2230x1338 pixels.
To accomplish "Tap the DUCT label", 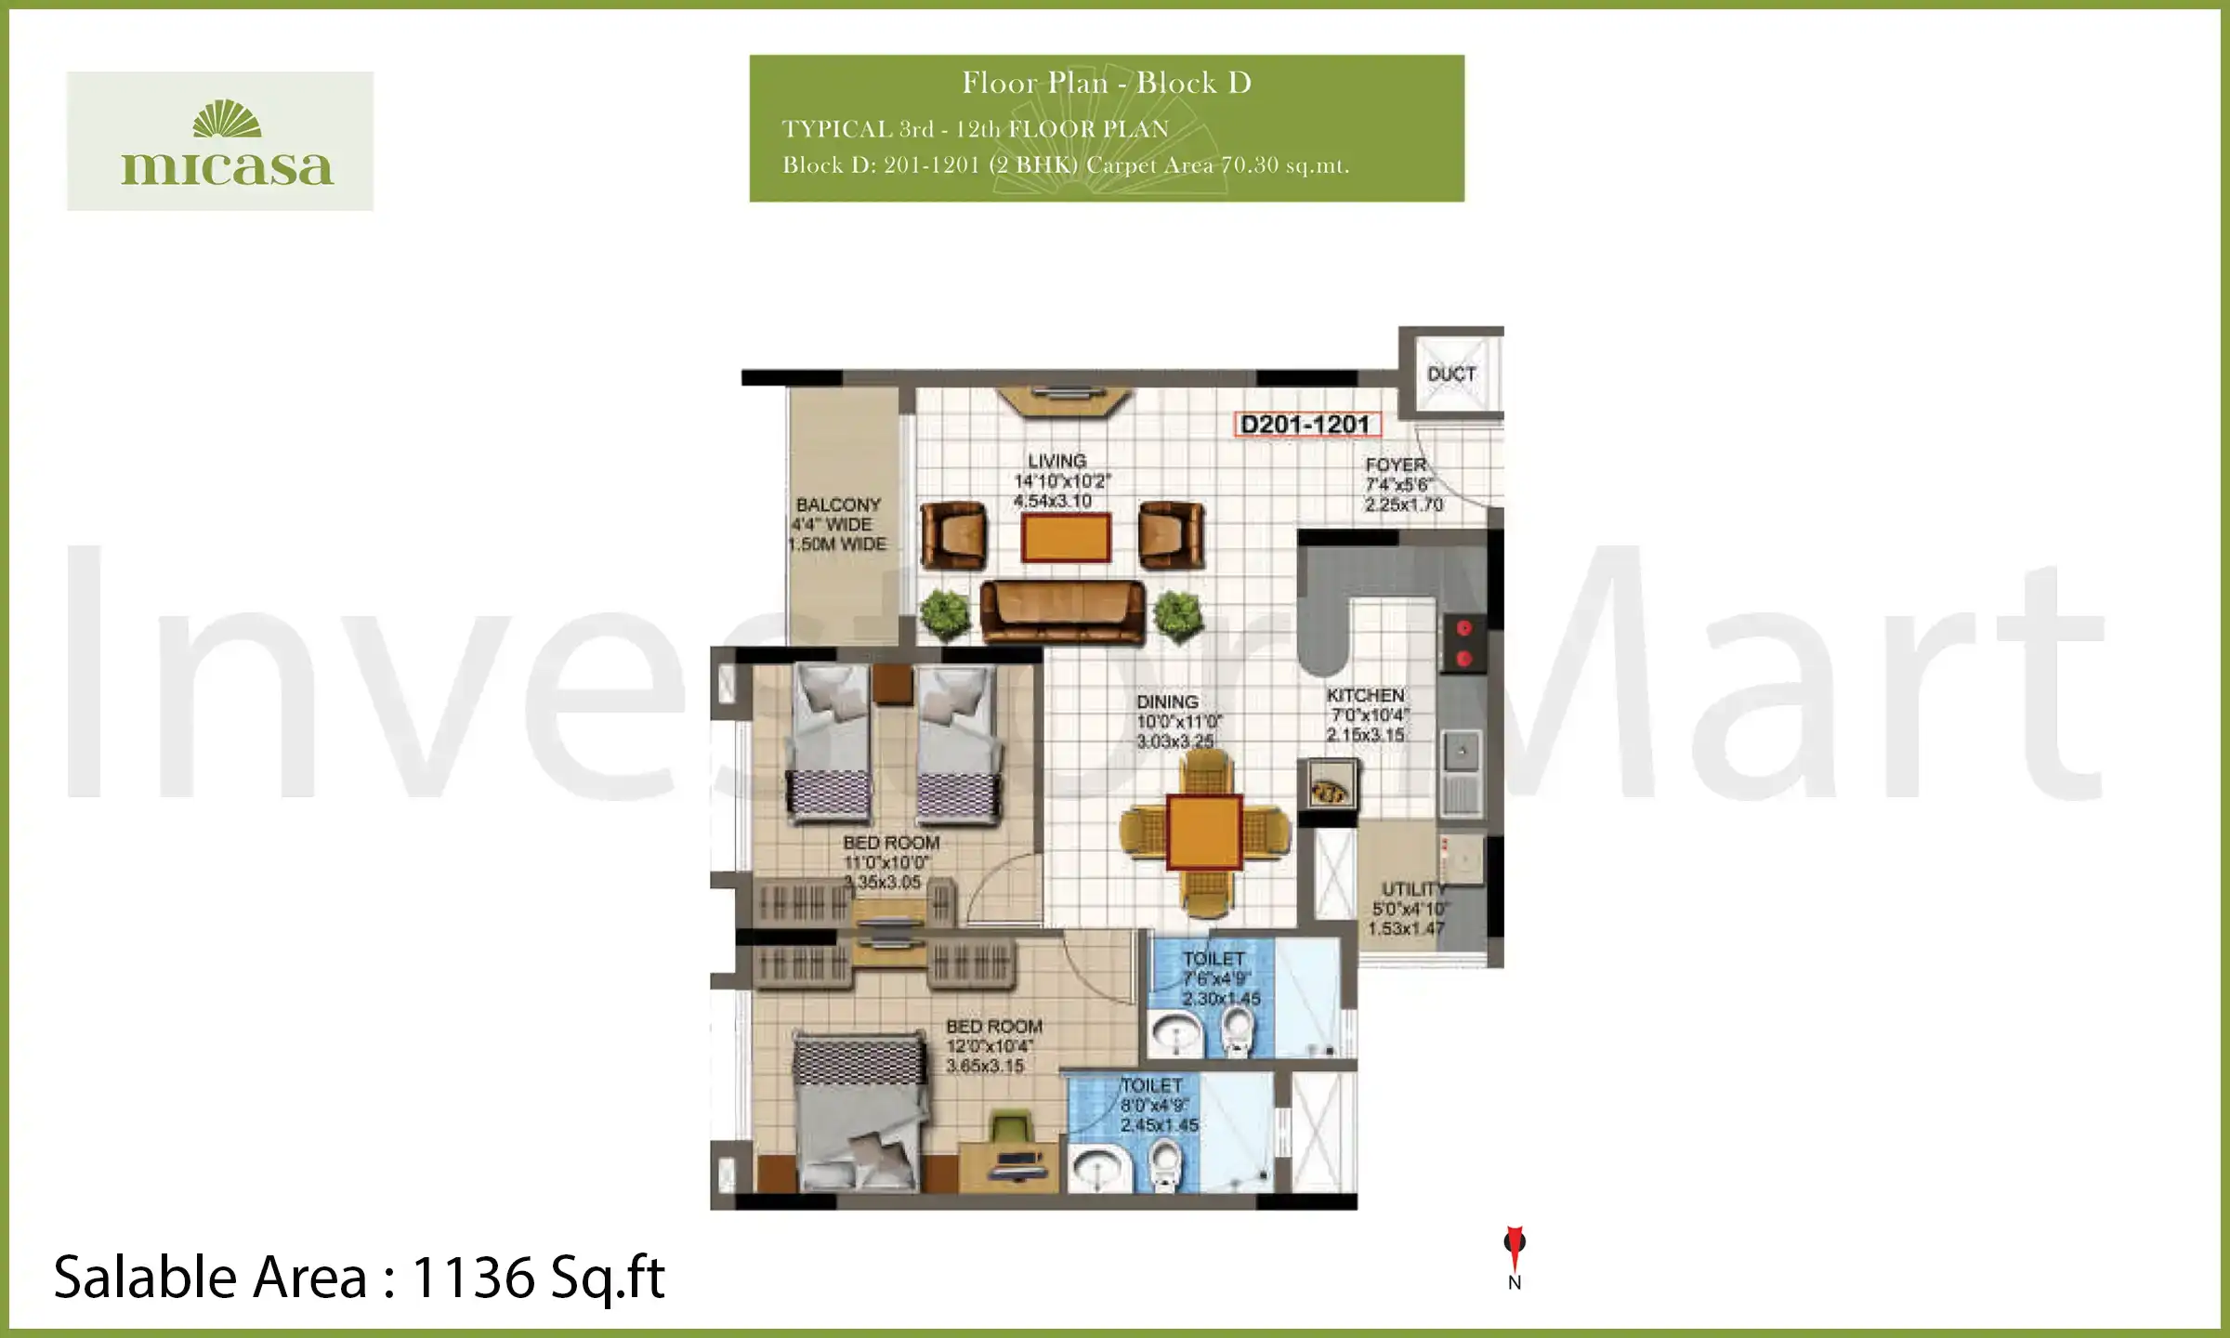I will [x=1451, y=374].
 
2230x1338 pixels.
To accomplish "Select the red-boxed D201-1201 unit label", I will [x=1305, y=425].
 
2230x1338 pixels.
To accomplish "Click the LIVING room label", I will [x=1056, y=461].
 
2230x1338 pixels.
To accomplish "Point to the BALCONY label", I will [x=838, y=505].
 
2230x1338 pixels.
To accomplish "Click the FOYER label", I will [x=1396, y=465].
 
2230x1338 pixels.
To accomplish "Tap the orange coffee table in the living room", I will [x=1066, y=538].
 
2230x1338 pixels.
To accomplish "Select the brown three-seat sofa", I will [x=1063, y=611].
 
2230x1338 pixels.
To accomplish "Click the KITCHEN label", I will [x=1365, y=695].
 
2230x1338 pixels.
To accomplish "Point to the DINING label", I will [x=1167, y=702].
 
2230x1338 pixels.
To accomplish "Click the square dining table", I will [x=1204, y=832].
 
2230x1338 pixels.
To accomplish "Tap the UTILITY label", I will [x=1412, y=889].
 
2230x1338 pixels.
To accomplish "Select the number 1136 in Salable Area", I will [x=472, y=1278].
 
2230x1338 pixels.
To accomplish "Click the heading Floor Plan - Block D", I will [x=1106, y=83].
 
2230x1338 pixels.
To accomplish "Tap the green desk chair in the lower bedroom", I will [x=1011, y=1131].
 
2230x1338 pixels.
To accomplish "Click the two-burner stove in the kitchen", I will [x=1463, y=643].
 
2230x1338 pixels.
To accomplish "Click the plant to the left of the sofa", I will [x=945, y=613].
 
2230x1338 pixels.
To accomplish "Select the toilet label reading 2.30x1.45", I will [x=1220, y=999].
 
